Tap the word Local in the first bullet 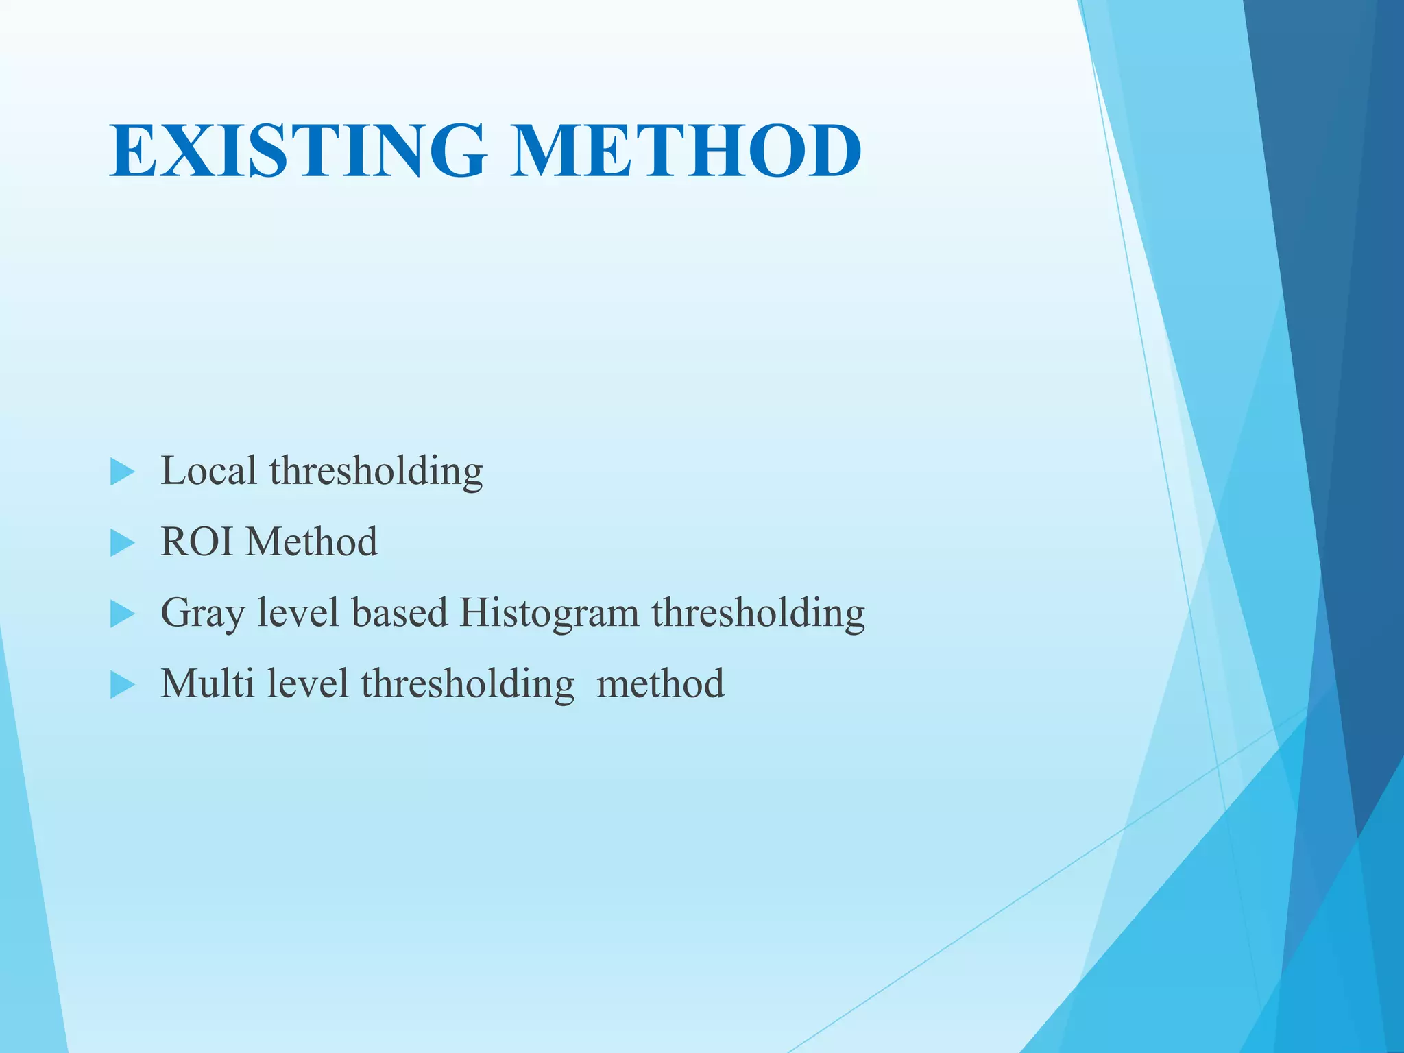click(x=208, y=471)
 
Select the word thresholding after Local click(x=376, y=472)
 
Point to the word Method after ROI click(x=312, y=542)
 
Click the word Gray click(x=203, y=614)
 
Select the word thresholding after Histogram click(x=758, y=614)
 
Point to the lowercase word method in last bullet click(x=660, y=683)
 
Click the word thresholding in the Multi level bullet click(x=468, y=685)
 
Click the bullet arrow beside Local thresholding click(x=122, y=472)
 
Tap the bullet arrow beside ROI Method click(x=122, y=544)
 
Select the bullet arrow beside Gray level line click(x=122, y=614)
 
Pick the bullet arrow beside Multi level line click(x=122, y=685)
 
